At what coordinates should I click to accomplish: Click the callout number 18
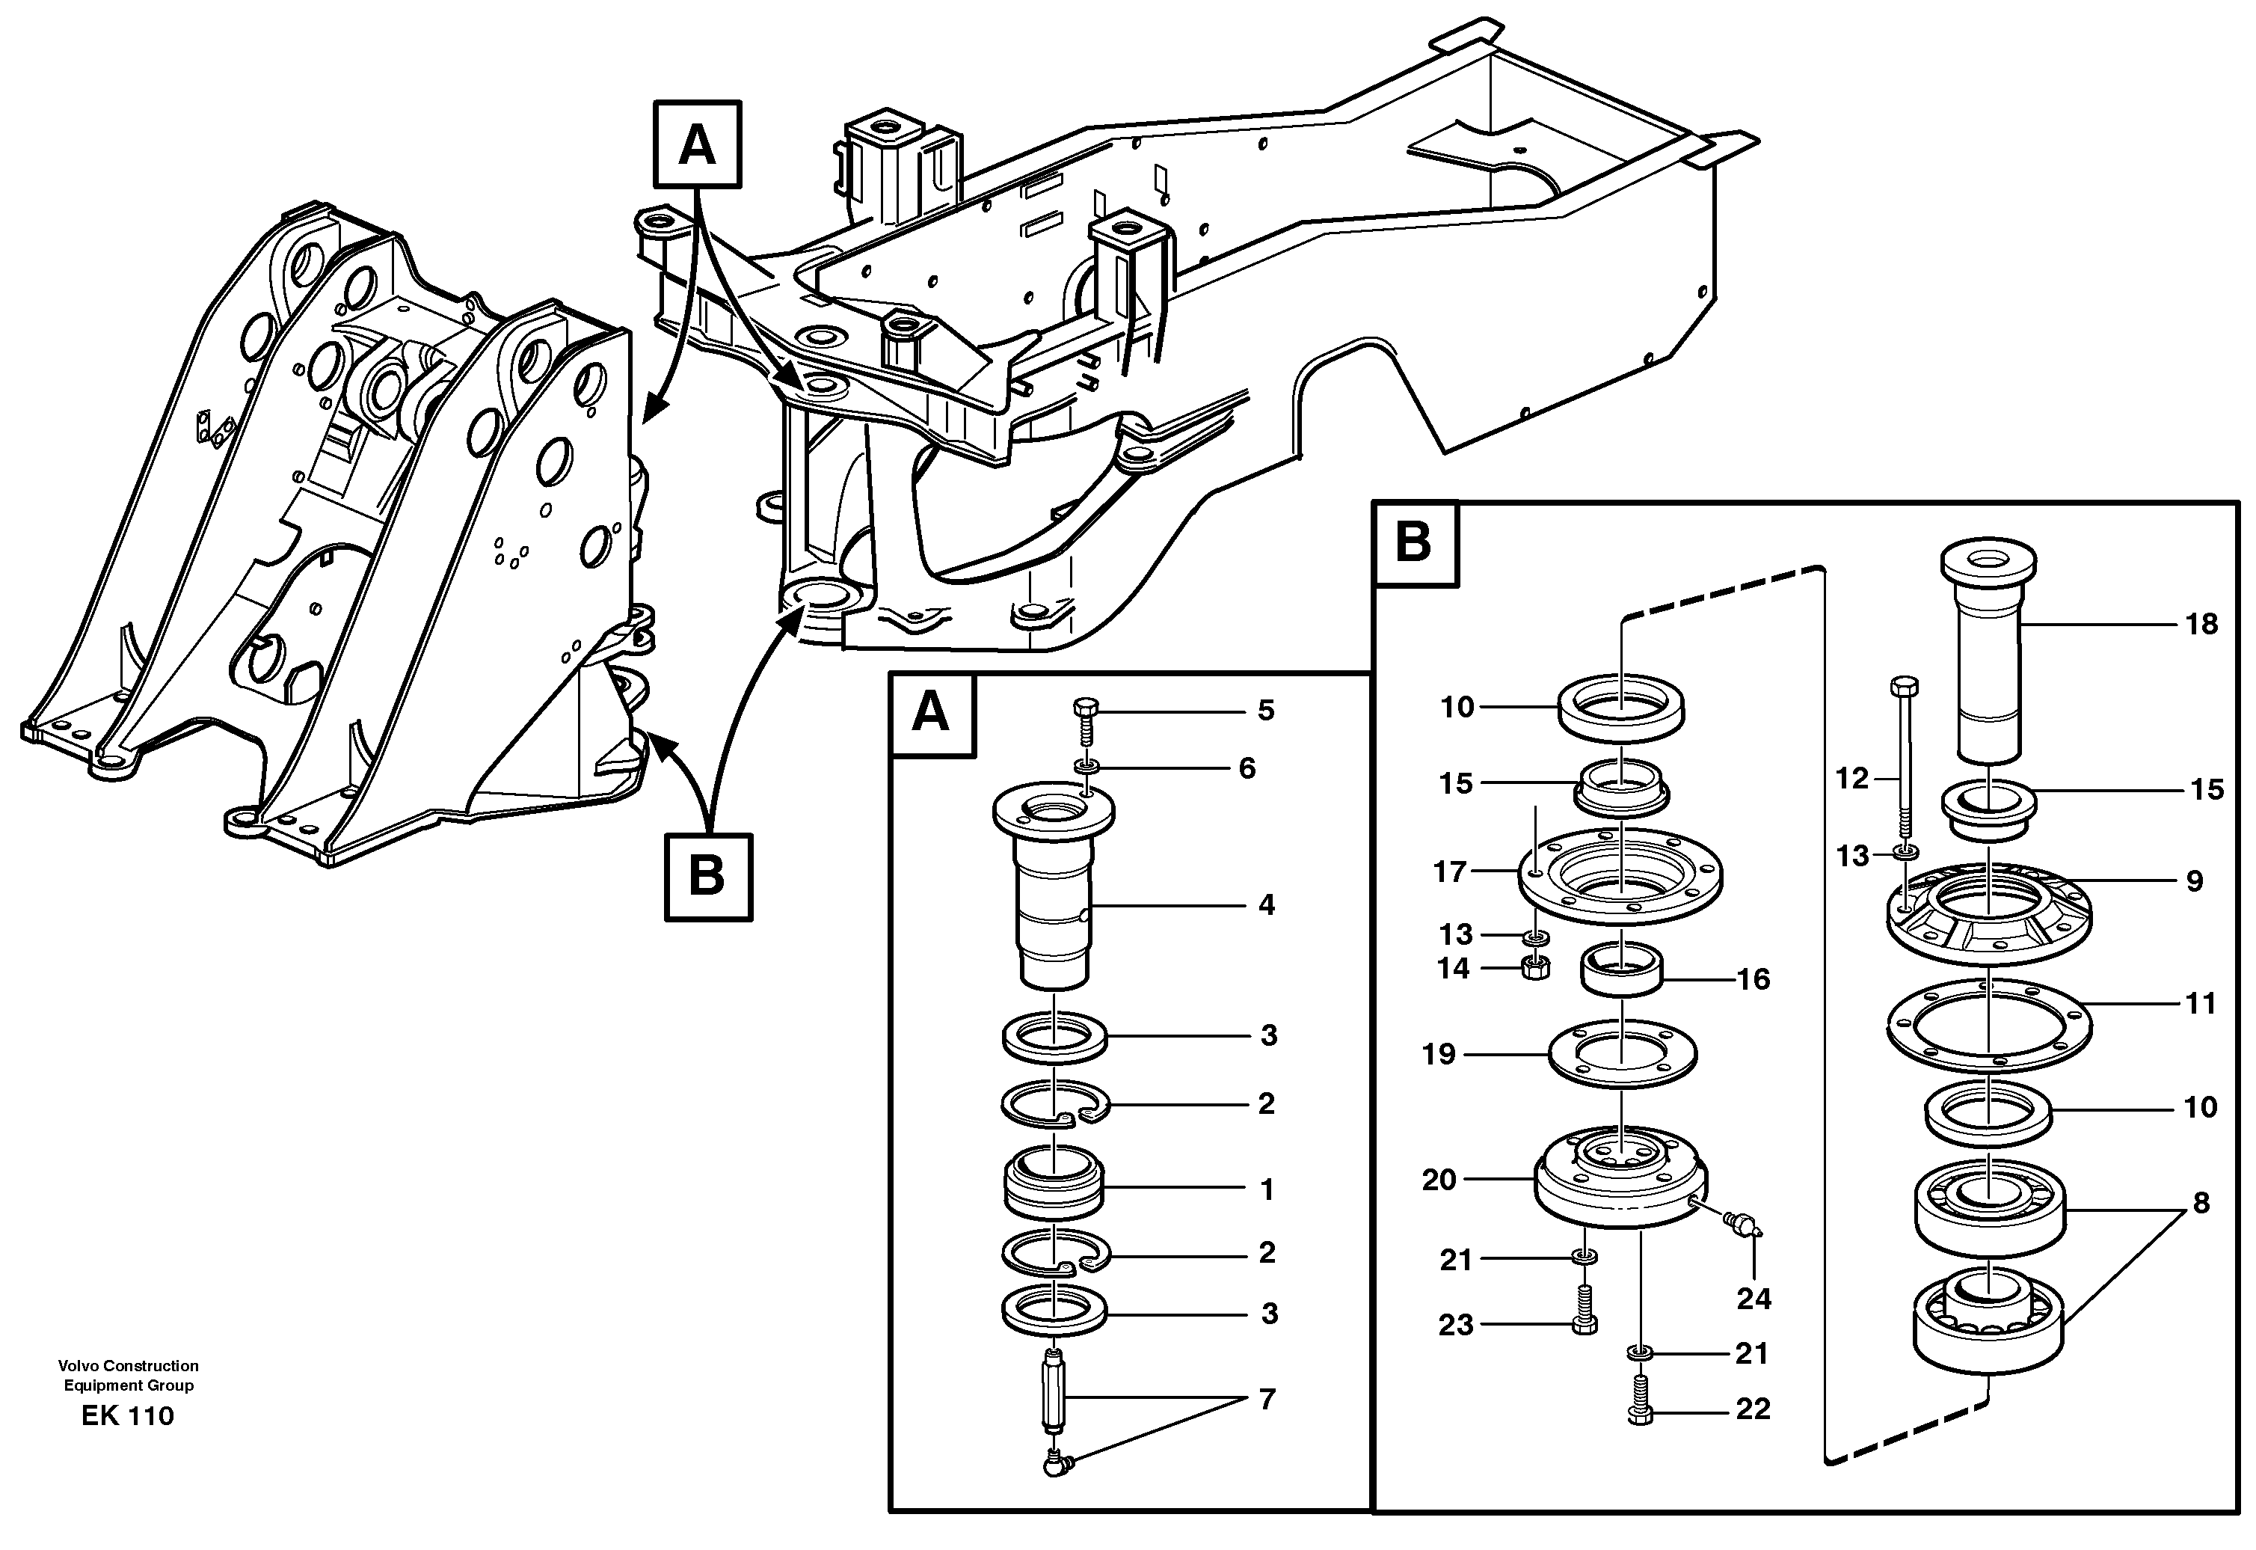tap(2201, 625)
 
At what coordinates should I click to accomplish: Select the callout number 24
tap(1754, 1299)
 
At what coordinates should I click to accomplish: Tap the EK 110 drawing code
tap(127, 1416)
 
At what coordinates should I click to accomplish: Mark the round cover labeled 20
tap(1620, 1179)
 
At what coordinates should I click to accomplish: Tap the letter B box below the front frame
tap(707, 877)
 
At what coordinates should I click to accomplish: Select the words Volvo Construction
tap(127, 1365)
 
